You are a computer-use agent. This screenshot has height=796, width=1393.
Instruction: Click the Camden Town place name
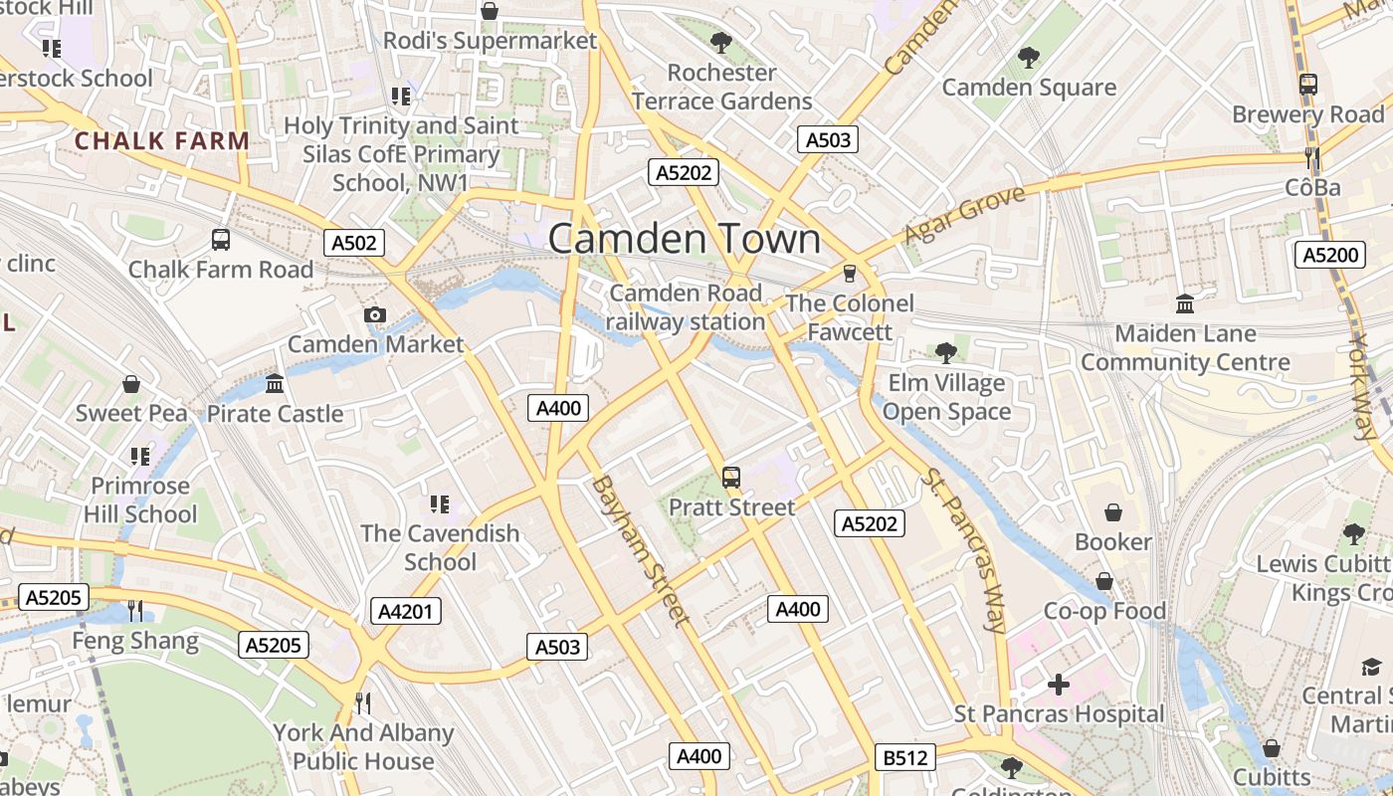pos(685,239)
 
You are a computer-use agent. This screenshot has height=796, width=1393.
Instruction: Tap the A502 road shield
pos(354,243)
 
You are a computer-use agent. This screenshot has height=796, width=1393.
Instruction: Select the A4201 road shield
pos(407,611)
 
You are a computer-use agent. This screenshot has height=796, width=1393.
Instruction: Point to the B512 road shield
pos(905,758)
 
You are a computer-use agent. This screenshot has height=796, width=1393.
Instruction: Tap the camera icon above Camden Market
pos(375,315)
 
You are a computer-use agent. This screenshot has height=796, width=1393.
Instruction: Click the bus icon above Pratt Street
pos(731,478)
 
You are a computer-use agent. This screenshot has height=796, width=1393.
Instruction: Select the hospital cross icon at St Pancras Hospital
pos(1059,685)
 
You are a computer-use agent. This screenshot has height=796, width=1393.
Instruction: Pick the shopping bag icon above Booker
pos(1112,512)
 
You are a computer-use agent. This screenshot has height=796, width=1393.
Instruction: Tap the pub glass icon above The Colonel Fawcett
pos(849,273)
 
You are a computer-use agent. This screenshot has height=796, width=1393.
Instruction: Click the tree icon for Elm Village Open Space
pos(946,352)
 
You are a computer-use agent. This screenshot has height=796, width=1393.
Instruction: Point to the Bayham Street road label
pos(641,551)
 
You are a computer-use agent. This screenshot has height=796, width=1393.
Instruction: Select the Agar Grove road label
pos(964,215)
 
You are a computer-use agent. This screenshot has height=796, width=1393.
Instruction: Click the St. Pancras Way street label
pos(964,549)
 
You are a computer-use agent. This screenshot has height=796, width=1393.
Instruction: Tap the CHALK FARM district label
pos(162,140)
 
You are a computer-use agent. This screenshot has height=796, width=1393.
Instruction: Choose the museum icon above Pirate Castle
pos(275,384)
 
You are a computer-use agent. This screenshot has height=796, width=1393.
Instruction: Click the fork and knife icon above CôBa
pos(1312,157)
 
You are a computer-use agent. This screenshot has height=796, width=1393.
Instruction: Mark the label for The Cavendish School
pos(440,547)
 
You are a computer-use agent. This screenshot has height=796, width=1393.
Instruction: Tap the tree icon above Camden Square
pos(1029,58)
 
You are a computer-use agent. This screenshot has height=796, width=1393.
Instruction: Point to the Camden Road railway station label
pos(686,307)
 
